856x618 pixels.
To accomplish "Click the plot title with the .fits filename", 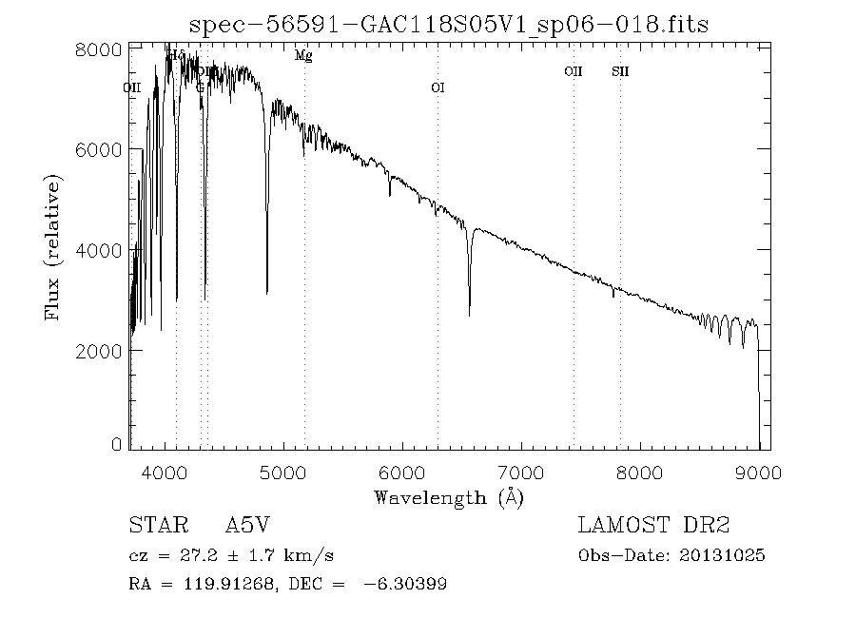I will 449,24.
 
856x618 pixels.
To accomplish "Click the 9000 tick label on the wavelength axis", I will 759,472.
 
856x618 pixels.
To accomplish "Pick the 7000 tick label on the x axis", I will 521,472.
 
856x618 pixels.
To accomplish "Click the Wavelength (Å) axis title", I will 449,497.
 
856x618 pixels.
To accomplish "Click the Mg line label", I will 303,56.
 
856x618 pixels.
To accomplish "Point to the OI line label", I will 438,87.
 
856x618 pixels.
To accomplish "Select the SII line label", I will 620,71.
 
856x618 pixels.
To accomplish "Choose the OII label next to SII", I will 573,71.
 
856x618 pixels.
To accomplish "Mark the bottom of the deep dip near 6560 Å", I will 469,315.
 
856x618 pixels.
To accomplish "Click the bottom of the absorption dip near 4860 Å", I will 267,293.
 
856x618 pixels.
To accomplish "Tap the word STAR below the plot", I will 154,526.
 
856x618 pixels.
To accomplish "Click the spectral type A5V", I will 253,526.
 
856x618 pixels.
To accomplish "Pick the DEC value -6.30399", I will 406,584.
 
